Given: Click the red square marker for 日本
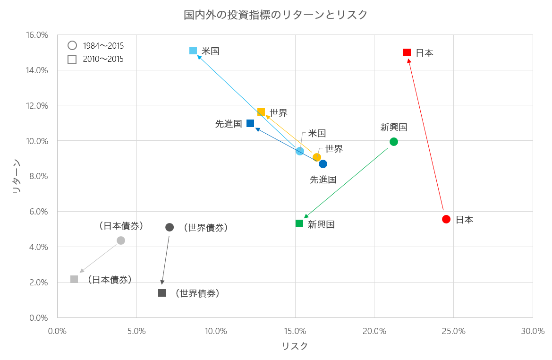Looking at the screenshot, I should pos(407,52).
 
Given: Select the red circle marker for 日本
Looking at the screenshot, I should pos(446,219).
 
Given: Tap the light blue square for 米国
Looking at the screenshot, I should pos(193,51).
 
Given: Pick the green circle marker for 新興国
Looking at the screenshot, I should pos(394,142).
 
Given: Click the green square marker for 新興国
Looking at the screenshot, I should pos(299,223).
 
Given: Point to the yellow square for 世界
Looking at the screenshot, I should pos(261,112).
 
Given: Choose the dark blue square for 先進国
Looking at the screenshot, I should pos(250,123).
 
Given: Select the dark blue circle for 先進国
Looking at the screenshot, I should pos(323,164).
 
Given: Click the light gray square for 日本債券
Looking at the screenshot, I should pos(74,279).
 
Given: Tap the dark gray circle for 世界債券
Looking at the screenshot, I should pos(170,227).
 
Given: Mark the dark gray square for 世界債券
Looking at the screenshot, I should pos(162,293).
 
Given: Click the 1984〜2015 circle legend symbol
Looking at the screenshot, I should pos(72,46).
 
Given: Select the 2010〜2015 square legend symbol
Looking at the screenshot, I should pos(72,60).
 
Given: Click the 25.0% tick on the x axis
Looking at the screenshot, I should pos(453,331).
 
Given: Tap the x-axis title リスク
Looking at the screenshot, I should pos(295,346).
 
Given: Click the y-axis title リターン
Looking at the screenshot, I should pos(16,176).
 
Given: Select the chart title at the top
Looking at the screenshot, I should pos(276,15).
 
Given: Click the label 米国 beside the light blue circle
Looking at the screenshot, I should pos(317,134).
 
